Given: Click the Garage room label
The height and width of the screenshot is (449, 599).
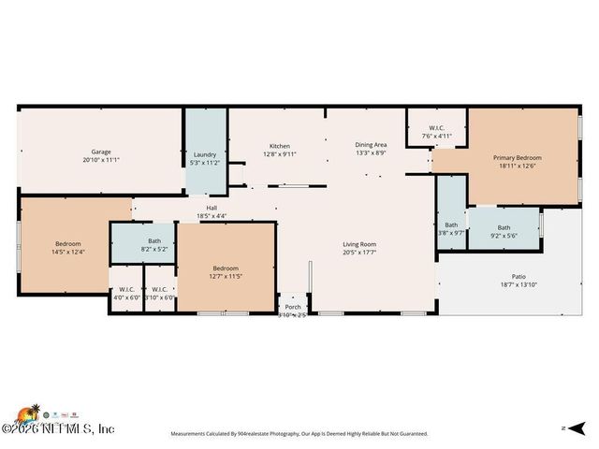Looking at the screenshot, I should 101,152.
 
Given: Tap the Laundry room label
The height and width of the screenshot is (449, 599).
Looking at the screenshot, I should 205,154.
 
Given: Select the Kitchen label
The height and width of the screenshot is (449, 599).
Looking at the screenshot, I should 279,146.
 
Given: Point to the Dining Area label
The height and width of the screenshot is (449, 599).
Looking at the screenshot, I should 371,145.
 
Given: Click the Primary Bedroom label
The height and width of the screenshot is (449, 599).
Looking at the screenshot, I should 518,158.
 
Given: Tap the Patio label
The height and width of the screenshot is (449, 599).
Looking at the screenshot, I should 518,276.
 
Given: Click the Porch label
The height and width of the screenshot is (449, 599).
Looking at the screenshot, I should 293,307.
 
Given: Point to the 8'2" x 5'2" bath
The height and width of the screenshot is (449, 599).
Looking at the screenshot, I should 153,249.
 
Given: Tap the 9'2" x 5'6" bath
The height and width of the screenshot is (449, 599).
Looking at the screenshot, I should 504,236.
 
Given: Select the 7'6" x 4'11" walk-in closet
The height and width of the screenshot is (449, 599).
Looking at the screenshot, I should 436,136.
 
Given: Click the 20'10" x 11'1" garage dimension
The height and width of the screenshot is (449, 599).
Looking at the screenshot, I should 101,160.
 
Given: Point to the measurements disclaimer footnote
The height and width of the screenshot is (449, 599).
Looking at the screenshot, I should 299,434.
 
